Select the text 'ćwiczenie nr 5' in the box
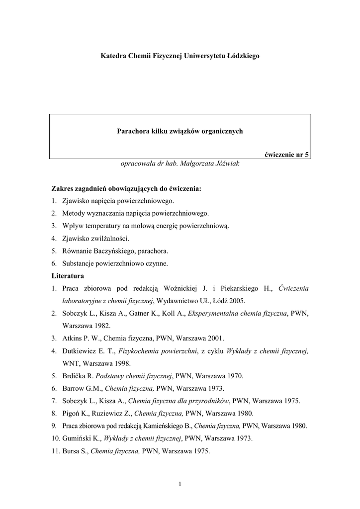(x=286, y=154)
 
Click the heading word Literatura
(x=68, y=275)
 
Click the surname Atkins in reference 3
(x=72, y=338)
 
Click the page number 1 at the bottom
(x=180, y=485)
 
